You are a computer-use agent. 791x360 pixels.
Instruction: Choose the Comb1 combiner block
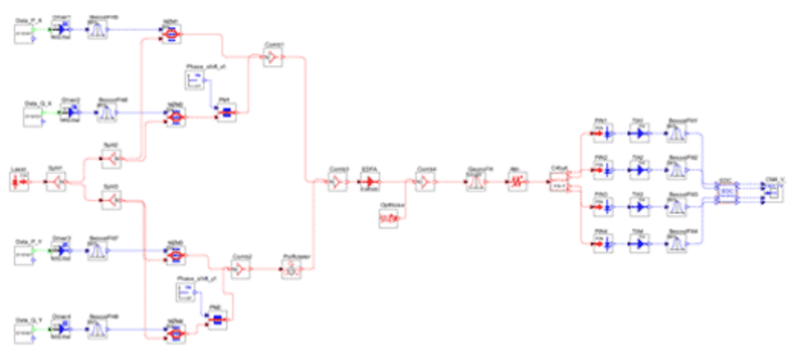[269, 59]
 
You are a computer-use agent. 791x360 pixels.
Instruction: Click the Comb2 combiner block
[242, 269]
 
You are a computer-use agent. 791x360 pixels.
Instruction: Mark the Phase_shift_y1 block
[185, 292]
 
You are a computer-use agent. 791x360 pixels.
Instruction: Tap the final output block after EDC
[767, 191]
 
